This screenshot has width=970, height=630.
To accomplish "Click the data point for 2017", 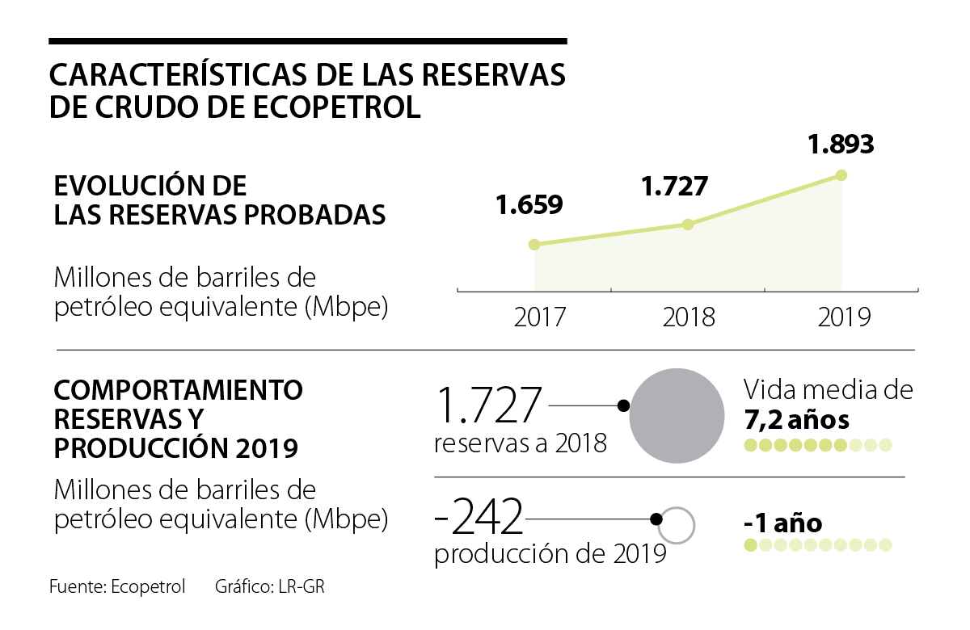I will (533, 244).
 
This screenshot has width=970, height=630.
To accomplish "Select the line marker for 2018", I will (687, 224).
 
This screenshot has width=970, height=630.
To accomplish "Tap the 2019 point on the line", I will (841, 174).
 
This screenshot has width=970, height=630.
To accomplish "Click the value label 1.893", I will (841, 145).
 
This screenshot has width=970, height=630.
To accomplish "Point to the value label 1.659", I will (529, 204).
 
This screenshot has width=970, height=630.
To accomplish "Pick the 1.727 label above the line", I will (674, 186).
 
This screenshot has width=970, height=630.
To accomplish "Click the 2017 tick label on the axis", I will (541, 317).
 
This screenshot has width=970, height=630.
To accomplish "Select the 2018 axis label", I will (689, 317).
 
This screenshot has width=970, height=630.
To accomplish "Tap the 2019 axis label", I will (844, 317).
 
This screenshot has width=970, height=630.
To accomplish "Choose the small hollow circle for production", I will (677, 525).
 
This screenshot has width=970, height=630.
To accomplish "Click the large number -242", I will (479, 518).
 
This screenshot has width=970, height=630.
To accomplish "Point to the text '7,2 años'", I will (796, 420).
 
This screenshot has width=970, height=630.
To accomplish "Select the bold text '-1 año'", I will (782, 523).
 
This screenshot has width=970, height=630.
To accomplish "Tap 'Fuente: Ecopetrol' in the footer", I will (117, 587).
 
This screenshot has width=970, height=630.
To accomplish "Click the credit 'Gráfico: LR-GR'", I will (269, 587).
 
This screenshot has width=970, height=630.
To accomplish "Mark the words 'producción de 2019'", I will (550, 554).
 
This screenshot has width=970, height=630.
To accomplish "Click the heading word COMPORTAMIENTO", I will (178, 391).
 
